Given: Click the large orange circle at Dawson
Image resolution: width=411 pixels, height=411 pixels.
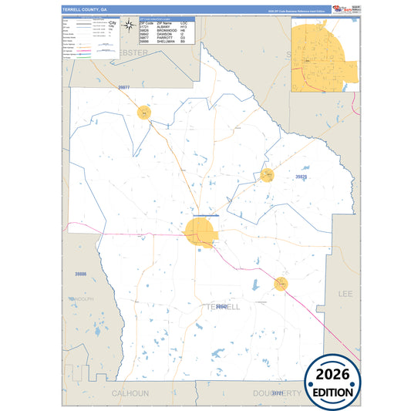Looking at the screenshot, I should pyautogui.click(x=198, y=231).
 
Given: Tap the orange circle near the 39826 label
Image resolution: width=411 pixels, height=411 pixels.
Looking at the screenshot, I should pyautogui.click(x=268, y=176).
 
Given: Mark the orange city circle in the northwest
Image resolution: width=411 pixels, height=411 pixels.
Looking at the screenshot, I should pyautogui.click(x=144, y=113).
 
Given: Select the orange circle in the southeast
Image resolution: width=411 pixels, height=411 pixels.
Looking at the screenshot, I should pyautogui.click(x=281, y=285).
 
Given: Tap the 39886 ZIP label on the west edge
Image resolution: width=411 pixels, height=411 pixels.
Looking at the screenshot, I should pyautogui.click(x=81, y=274).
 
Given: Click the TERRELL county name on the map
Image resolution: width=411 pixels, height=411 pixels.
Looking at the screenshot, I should pyautogui.click(x=224, y=306).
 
